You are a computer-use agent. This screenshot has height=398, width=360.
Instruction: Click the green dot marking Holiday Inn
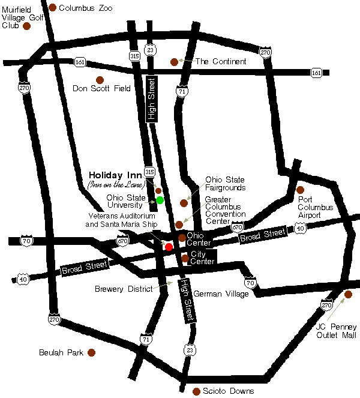(160, 200)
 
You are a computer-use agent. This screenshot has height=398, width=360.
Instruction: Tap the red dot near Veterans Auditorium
(169, 247)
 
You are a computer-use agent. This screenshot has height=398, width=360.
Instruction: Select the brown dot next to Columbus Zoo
(53, 7)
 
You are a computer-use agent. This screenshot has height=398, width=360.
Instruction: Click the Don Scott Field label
(101, 88)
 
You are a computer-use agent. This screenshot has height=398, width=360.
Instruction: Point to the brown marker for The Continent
(174, 61)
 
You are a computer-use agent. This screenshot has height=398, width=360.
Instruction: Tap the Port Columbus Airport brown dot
(300, 190)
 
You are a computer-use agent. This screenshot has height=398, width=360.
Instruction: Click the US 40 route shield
(301, 228)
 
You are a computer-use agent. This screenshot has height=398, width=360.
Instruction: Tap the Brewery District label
(124, 289)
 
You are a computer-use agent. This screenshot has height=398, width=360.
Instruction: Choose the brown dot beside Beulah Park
(91, 352)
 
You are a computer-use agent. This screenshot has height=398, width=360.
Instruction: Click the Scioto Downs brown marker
(196, 391)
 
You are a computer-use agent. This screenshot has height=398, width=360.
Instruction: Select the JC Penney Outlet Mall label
(336, 331)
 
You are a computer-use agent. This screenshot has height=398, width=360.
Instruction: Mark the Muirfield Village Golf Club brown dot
(26, 26)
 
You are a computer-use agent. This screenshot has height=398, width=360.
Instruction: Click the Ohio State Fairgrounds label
(226, 183)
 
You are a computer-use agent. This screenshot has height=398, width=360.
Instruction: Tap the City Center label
(202, 258)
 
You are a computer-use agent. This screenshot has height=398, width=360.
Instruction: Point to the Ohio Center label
(199, 239)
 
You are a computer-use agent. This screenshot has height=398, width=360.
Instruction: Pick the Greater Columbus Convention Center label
(225, 210)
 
